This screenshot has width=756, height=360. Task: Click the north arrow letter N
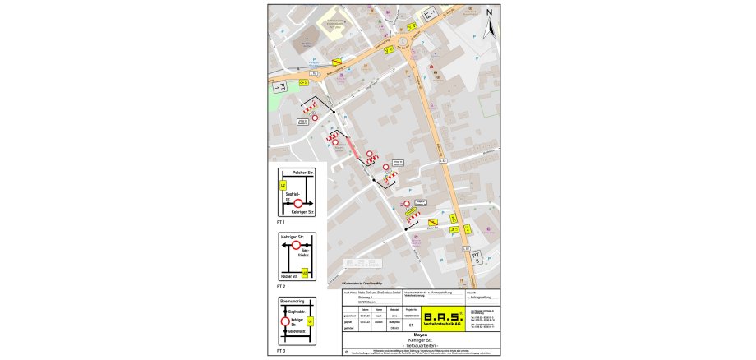coord(489,12)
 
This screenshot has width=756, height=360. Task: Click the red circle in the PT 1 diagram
coord(298,202)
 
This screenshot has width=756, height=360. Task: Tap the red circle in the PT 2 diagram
coord(297,245)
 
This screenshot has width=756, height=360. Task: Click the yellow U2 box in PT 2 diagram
coord(306,272)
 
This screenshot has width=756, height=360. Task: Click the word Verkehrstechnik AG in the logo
coord(439,325)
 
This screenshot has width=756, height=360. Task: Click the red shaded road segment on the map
coord(353,145)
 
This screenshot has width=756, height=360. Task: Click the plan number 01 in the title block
coord(399,325)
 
